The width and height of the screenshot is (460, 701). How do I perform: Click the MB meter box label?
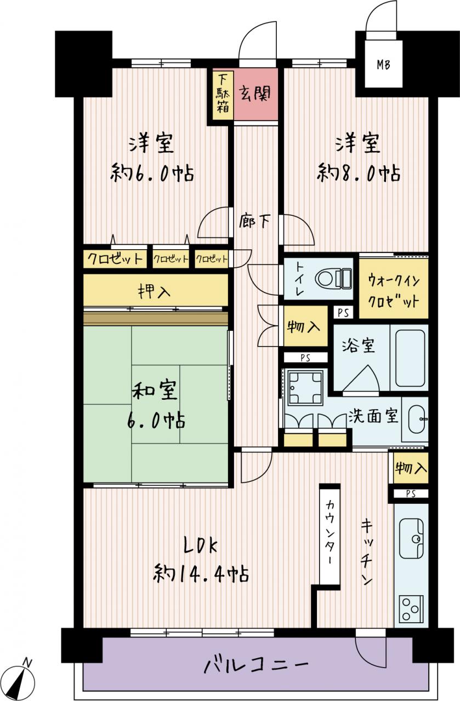pos(383,65)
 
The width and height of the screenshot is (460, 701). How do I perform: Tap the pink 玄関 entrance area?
pos(256,94)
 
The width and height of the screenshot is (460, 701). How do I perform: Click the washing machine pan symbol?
pos(305,387)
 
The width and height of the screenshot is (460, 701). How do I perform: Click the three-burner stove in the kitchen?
pos(411,608)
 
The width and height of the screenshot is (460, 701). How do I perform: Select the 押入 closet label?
pos(155,291)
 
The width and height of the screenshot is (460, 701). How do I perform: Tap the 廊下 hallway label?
pos(254,221)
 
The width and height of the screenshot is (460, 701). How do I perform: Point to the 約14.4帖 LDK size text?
pos(201,573)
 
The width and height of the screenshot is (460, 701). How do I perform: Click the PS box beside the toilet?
pos(343,313)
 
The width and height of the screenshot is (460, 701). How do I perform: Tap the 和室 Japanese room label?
pos(155,390)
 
